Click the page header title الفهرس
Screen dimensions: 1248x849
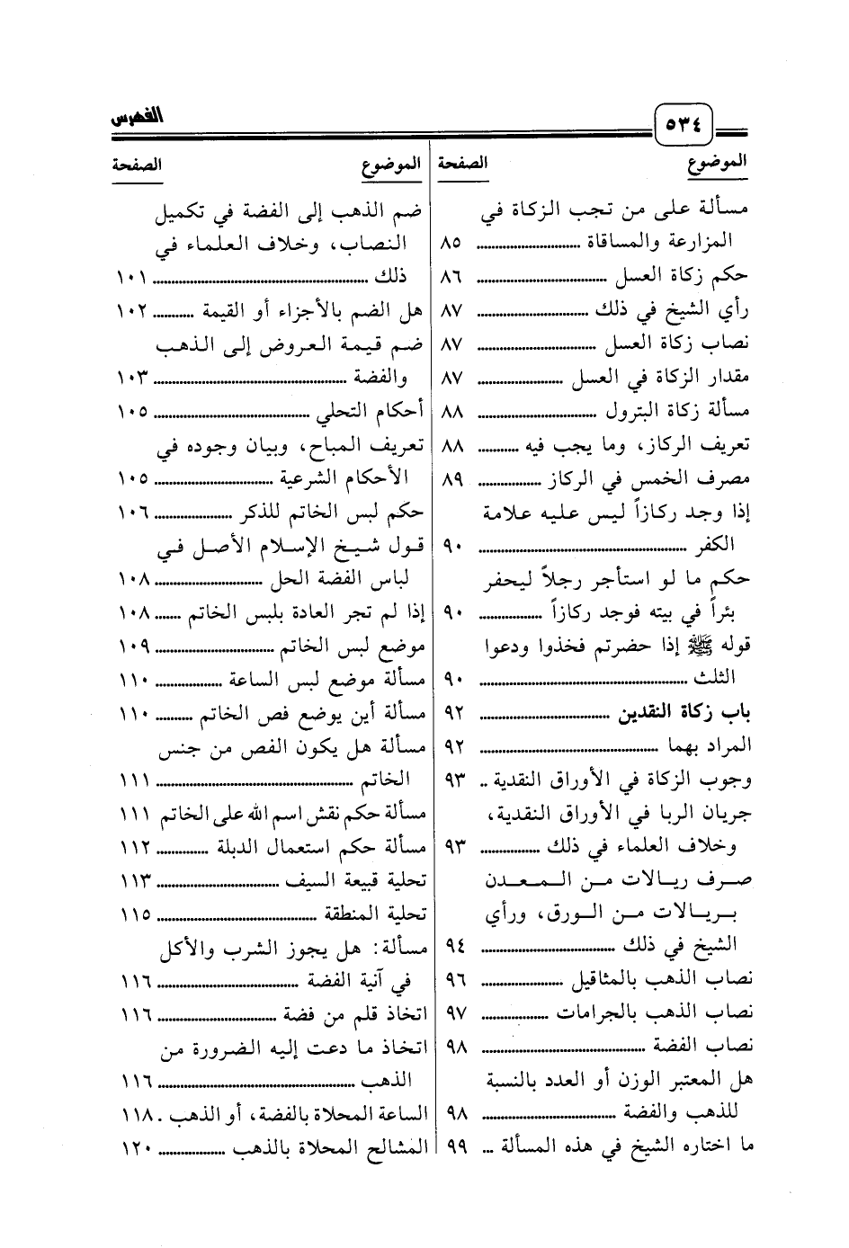pyautogui.click(x=136, y=120)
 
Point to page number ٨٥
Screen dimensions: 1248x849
pyautogui.click(x=452, y=243)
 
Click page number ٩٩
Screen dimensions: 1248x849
pyautogui.click(x=454, y=1145)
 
